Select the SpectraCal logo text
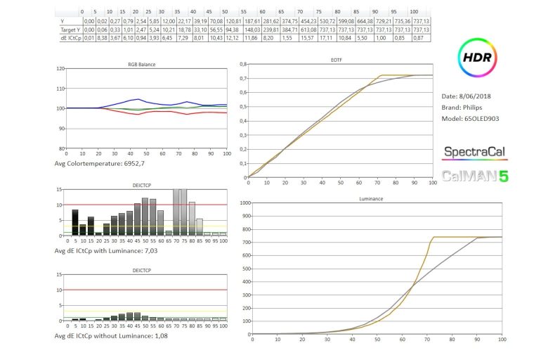click(475, 152)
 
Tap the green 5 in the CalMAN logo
click(502, 176)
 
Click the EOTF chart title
click(337, 61)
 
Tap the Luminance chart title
click(373, 198)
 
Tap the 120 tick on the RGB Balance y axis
click(60, 69)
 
